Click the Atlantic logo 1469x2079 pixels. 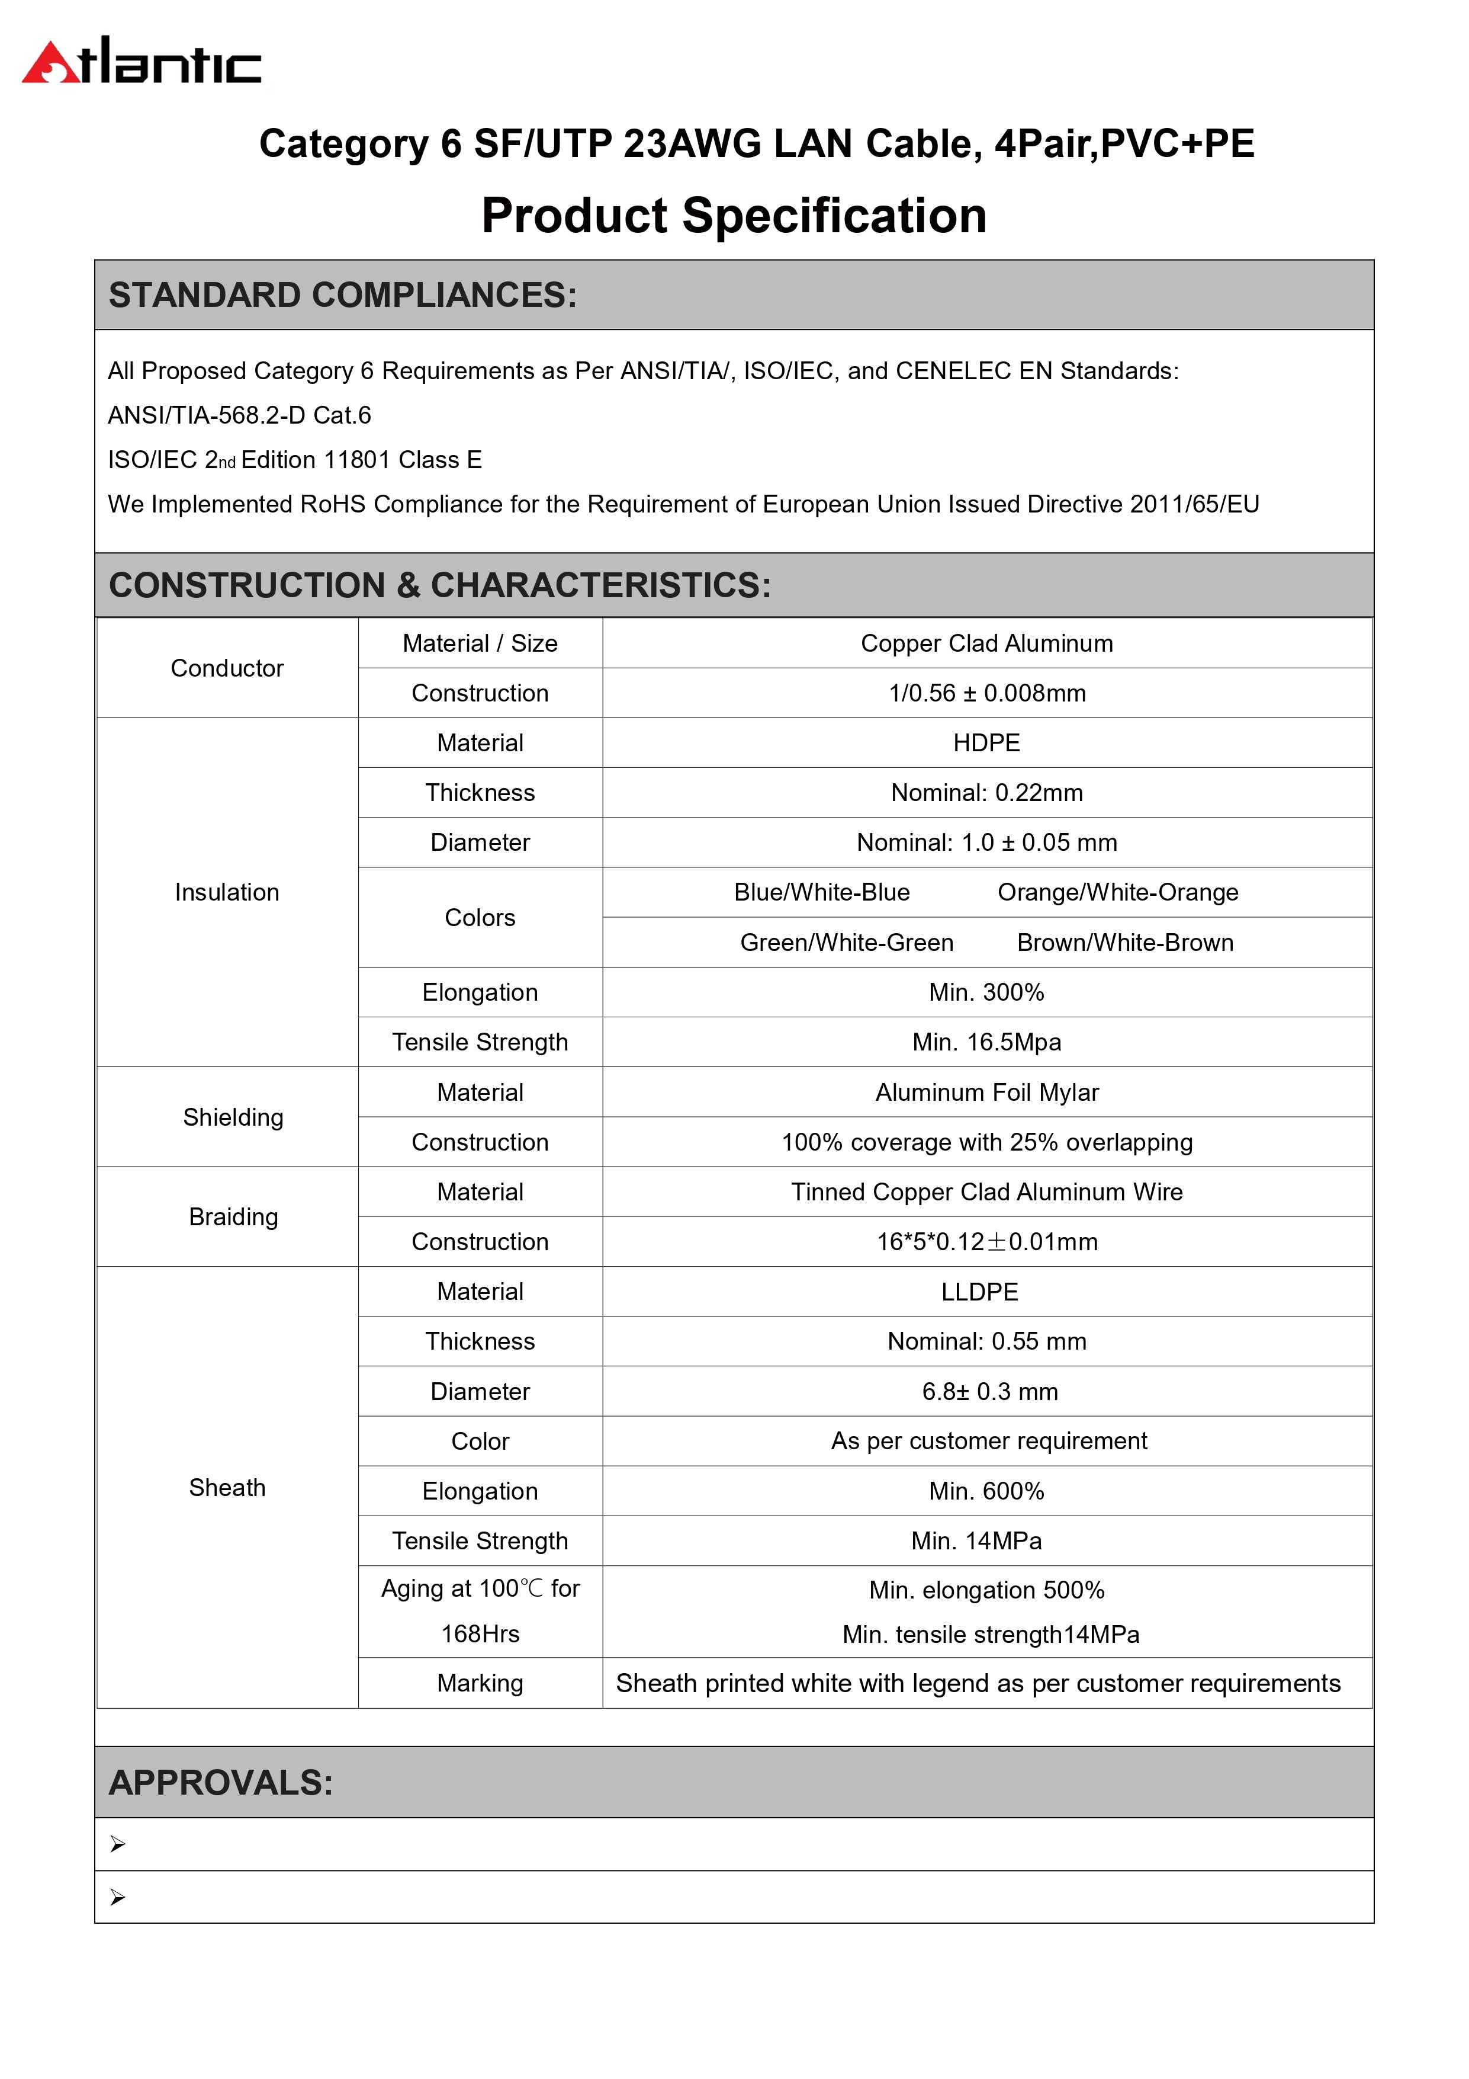[142, 62]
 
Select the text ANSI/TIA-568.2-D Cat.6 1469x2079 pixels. [239, 415]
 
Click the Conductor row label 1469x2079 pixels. [227, 668]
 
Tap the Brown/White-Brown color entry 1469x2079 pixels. [1125, 943]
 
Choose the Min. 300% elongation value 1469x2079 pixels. [986, 992]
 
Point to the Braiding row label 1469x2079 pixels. [233, 1217]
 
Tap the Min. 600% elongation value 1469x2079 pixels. [986, 1491]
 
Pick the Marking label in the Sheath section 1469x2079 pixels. [480, 1683]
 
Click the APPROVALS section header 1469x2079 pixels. [222, 1782]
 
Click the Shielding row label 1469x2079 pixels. [233, 1117]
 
